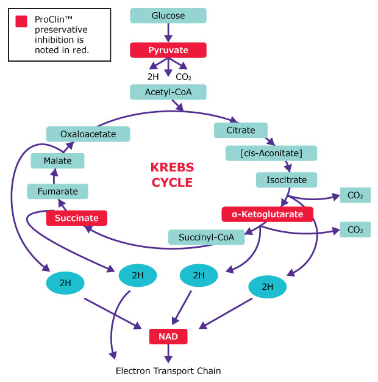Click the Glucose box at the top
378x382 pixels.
click(168, 15)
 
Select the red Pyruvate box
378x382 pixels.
click(168, 49)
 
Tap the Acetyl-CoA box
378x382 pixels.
click(168, 92)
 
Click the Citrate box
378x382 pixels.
click(241, 130)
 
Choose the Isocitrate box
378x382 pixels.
click(286, 179)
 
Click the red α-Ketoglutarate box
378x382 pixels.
click(267, 214)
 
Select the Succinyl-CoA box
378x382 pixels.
click(206, 237)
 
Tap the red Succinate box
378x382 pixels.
click(77, 217)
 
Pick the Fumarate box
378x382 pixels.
click(57, 191)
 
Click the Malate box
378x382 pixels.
click(57, 161)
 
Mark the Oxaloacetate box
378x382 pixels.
click(88, 134)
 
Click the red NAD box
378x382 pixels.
click(168, 336)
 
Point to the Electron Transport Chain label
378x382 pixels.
click(168, 370)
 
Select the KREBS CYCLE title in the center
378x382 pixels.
click(171, 174)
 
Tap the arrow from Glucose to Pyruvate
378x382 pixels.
click(168, 32)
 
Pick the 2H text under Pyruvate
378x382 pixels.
click(154, 77)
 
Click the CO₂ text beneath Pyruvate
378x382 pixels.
click(184, 77)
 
